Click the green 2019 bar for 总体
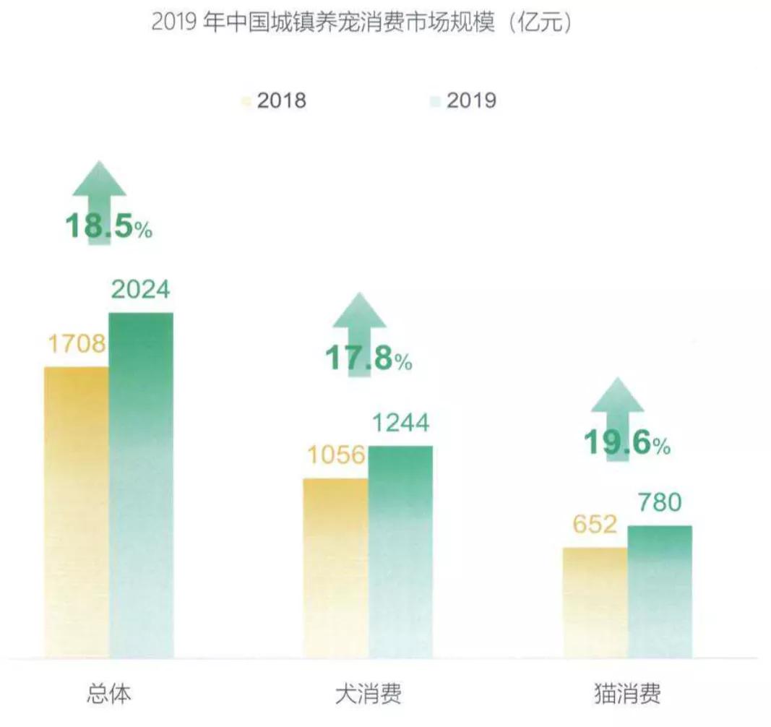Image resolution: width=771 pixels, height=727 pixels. (141, 484)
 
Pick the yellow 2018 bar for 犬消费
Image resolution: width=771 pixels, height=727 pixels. (335, 567)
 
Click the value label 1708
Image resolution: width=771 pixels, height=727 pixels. (77, 345)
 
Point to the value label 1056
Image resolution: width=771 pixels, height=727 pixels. (335, 456)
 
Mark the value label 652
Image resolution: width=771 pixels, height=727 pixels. (595, 524)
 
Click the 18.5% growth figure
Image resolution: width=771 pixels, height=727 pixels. (108, 227)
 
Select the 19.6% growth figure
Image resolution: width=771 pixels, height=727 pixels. (627, 443)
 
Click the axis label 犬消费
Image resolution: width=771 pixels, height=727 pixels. (369, 694)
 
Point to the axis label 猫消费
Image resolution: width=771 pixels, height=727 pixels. (627, 694)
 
